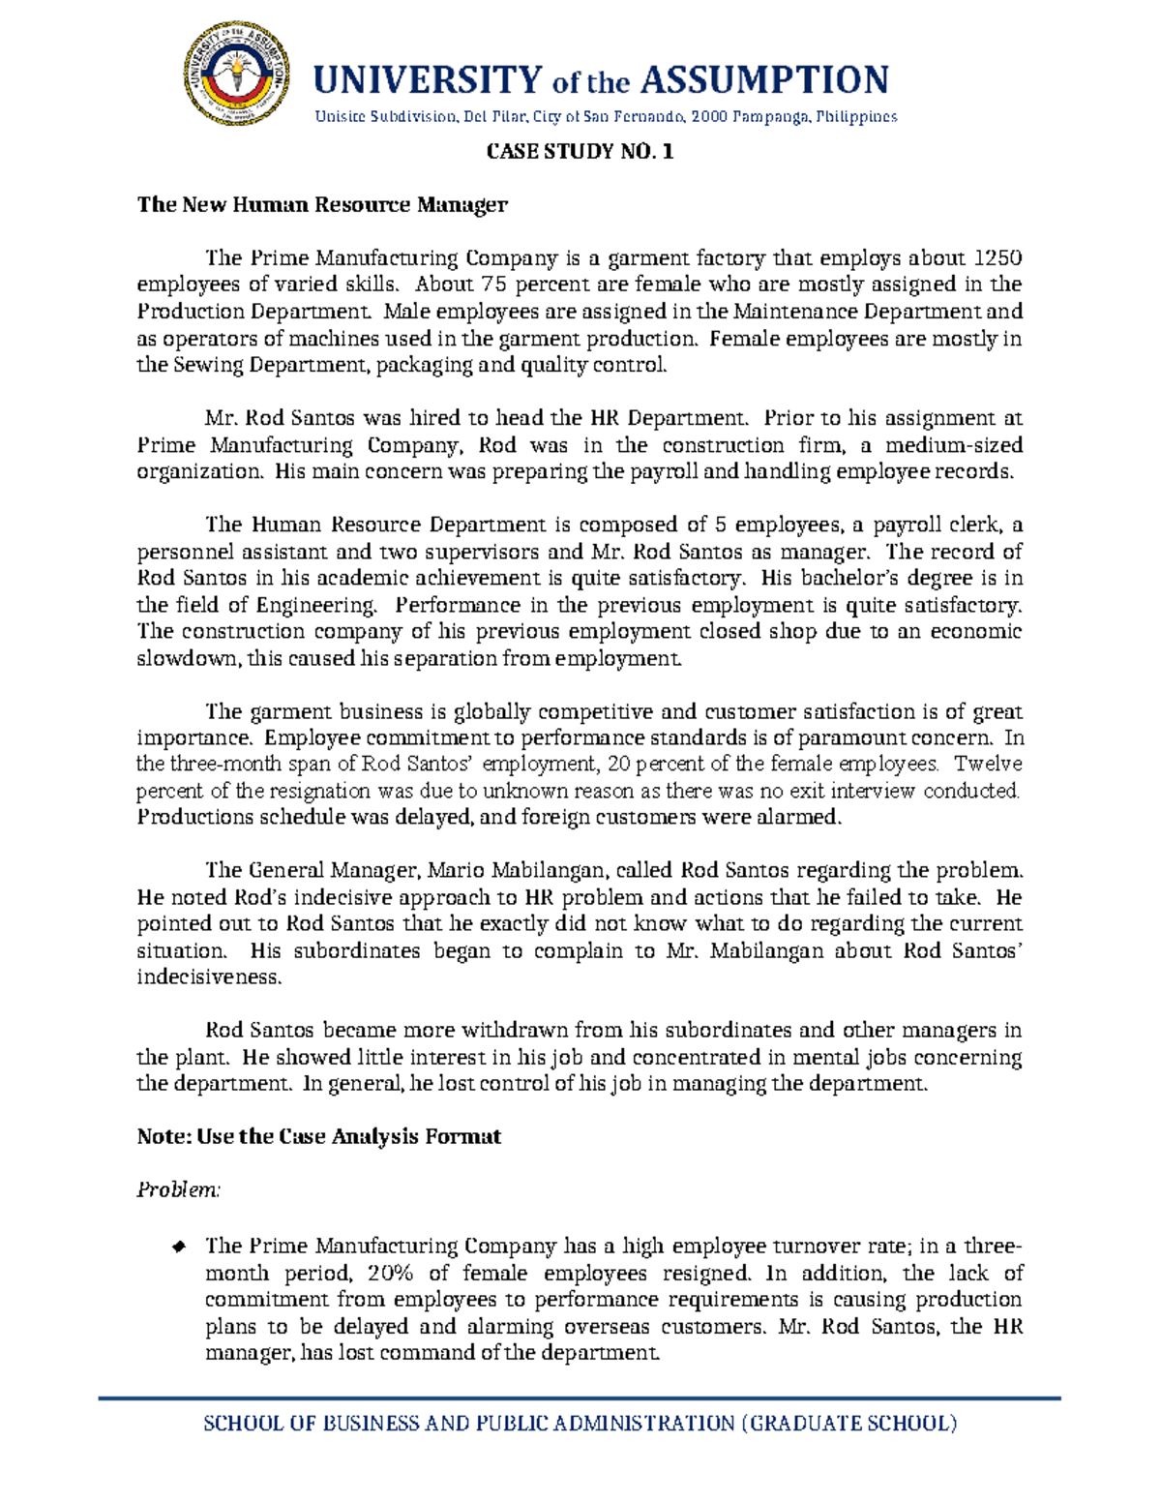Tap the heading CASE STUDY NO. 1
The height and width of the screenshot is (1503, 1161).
coord(580,152)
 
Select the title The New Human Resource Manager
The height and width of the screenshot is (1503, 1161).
coord(322,205)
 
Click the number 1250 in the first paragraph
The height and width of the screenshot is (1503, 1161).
coord(997,258)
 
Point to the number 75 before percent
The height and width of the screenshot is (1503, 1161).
coord(494,285)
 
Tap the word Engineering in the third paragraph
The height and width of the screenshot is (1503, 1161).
coord(315,606)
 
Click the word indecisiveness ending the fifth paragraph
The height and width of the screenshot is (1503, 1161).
coord(209,977)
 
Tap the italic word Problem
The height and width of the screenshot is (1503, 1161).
coord(178,1190)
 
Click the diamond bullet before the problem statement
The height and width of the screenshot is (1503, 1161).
coord(178,1247)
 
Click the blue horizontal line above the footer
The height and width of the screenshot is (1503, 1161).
coord(580,1398)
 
